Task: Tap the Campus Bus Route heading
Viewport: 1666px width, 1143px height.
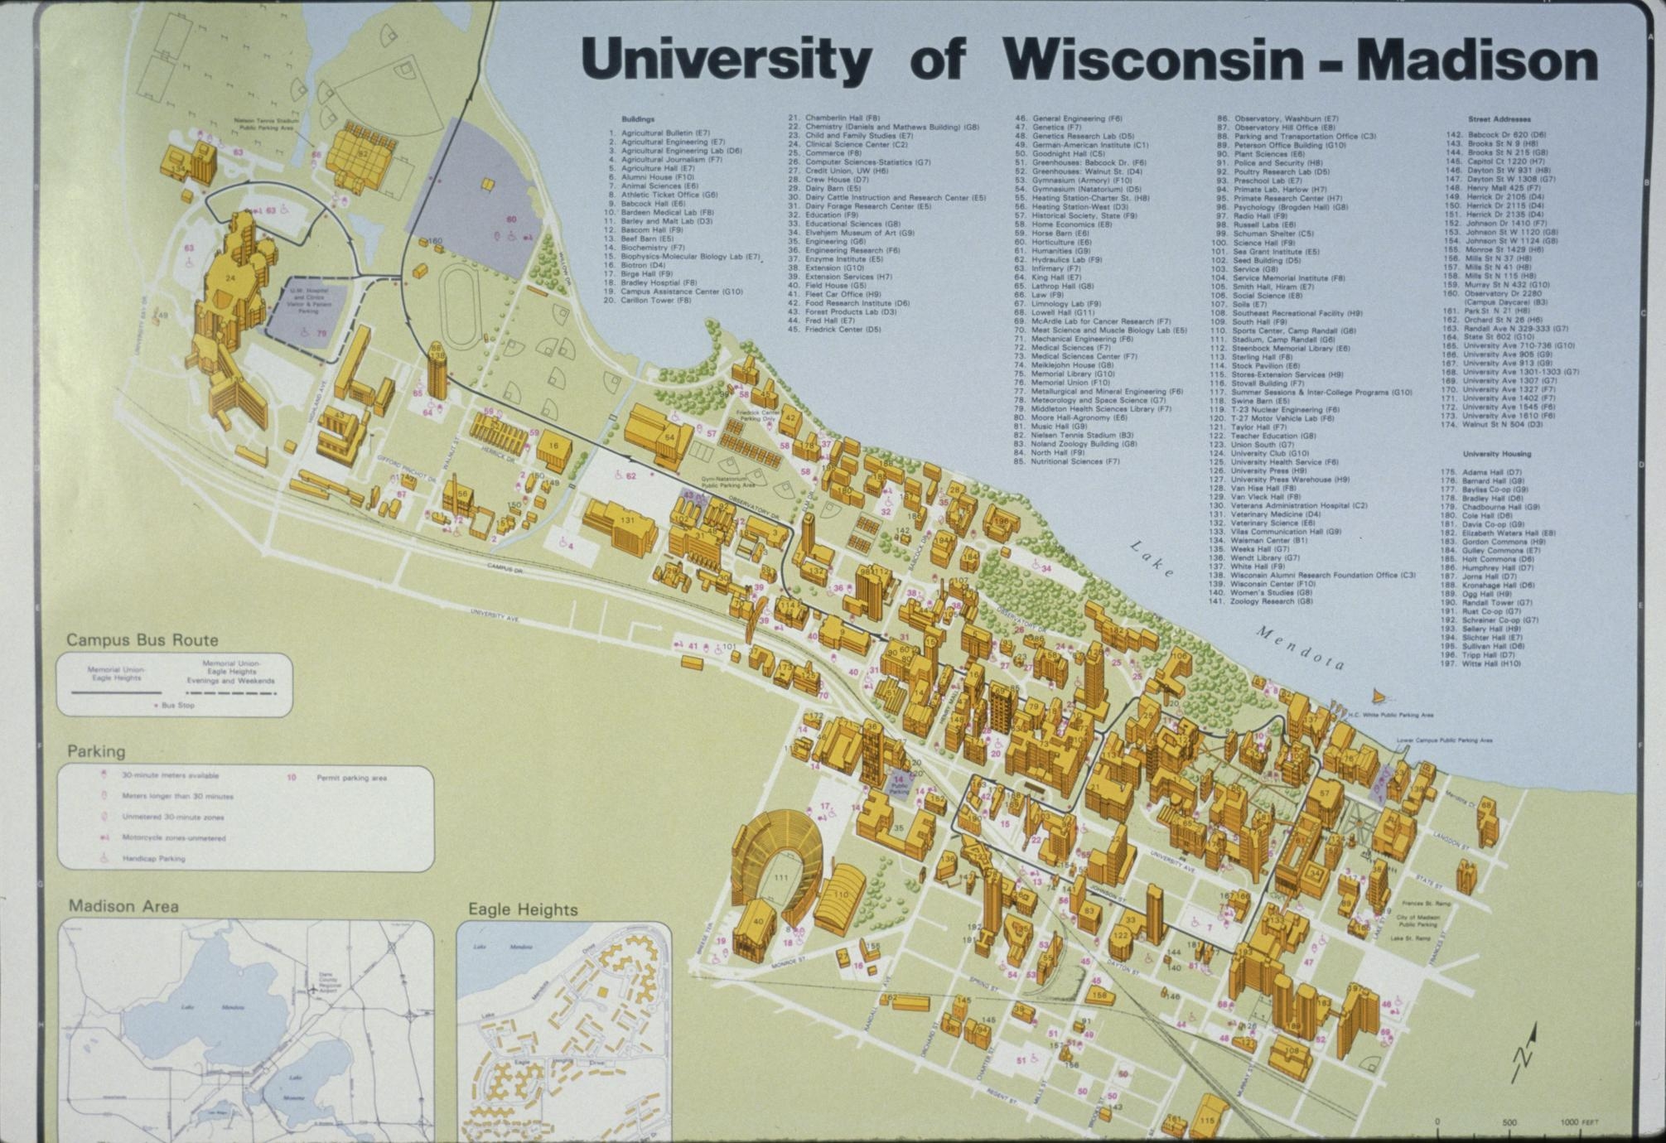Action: [142, 640]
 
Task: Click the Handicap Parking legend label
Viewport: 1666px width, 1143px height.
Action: [154, 859]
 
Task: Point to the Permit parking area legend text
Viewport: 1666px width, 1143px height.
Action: [351, 778]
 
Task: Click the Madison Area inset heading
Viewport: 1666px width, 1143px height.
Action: [123, 906]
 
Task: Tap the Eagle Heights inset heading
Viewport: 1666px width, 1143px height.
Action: [523, 909]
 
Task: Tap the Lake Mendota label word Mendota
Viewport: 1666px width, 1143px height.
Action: [1301, 649]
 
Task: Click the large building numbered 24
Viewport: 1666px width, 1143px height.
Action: [229, 280]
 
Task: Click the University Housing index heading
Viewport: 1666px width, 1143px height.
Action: [1496, 454]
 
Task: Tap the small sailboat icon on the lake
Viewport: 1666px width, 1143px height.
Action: [1378, 697]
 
